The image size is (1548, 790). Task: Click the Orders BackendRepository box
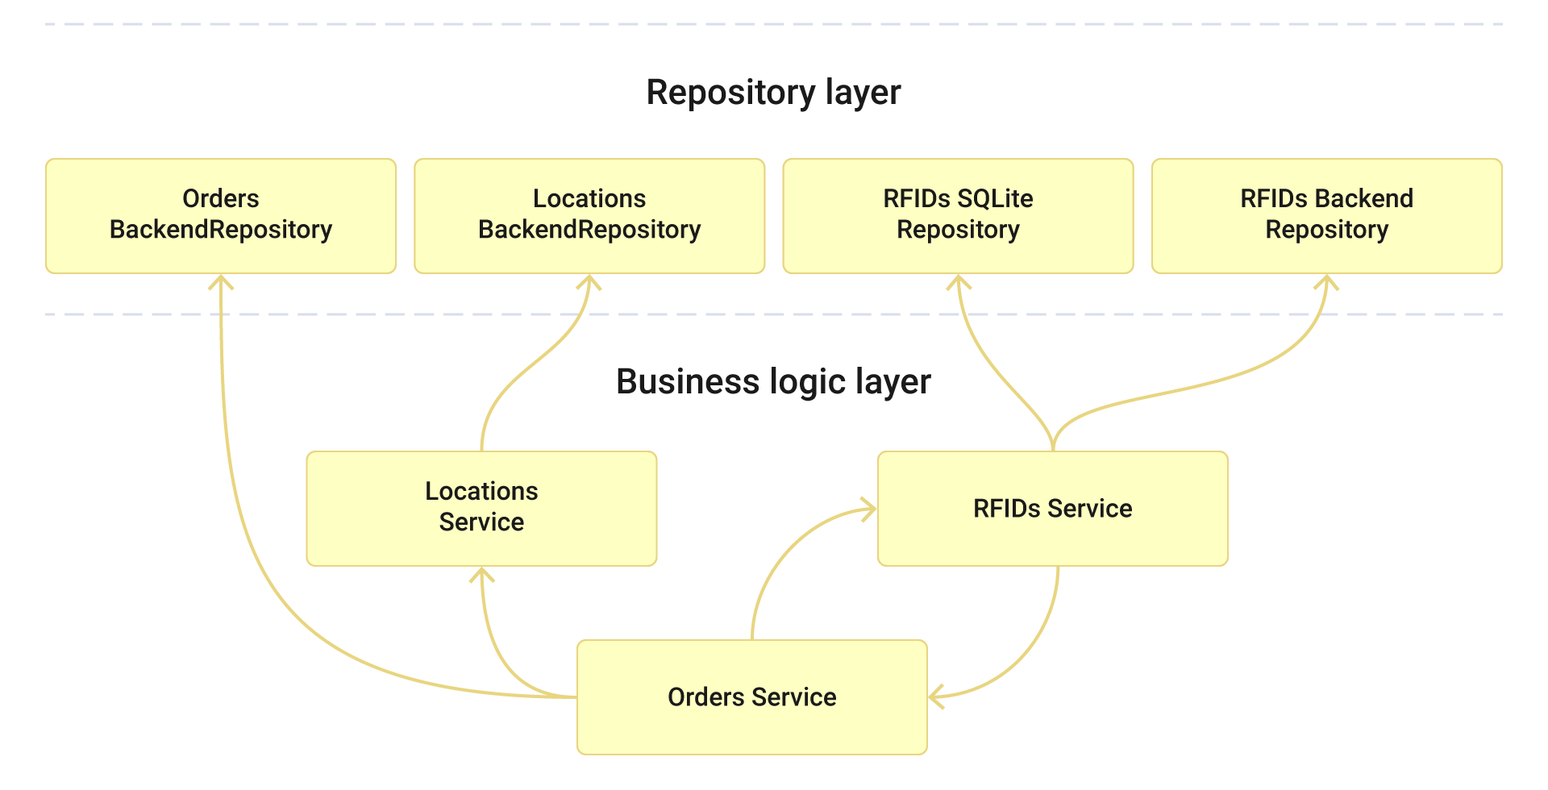220,215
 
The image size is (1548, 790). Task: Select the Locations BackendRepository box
589,215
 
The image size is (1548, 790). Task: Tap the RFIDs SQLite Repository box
958,215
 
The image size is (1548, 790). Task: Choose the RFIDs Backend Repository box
1326,215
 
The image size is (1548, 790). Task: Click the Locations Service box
481,508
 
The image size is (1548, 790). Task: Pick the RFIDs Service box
1052,508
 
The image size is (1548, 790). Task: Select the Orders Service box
751,697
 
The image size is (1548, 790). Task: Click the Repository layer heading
773,92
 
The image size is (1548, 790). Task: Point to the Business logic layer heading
773,381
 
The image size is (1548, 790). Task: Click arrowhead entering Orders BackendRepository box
220,281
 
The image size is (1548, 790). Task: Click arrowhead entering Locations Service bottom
481,574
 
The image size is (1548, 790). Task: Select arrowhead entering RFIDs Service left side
869,509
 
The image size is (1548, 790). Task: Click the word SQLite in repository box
995,198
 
